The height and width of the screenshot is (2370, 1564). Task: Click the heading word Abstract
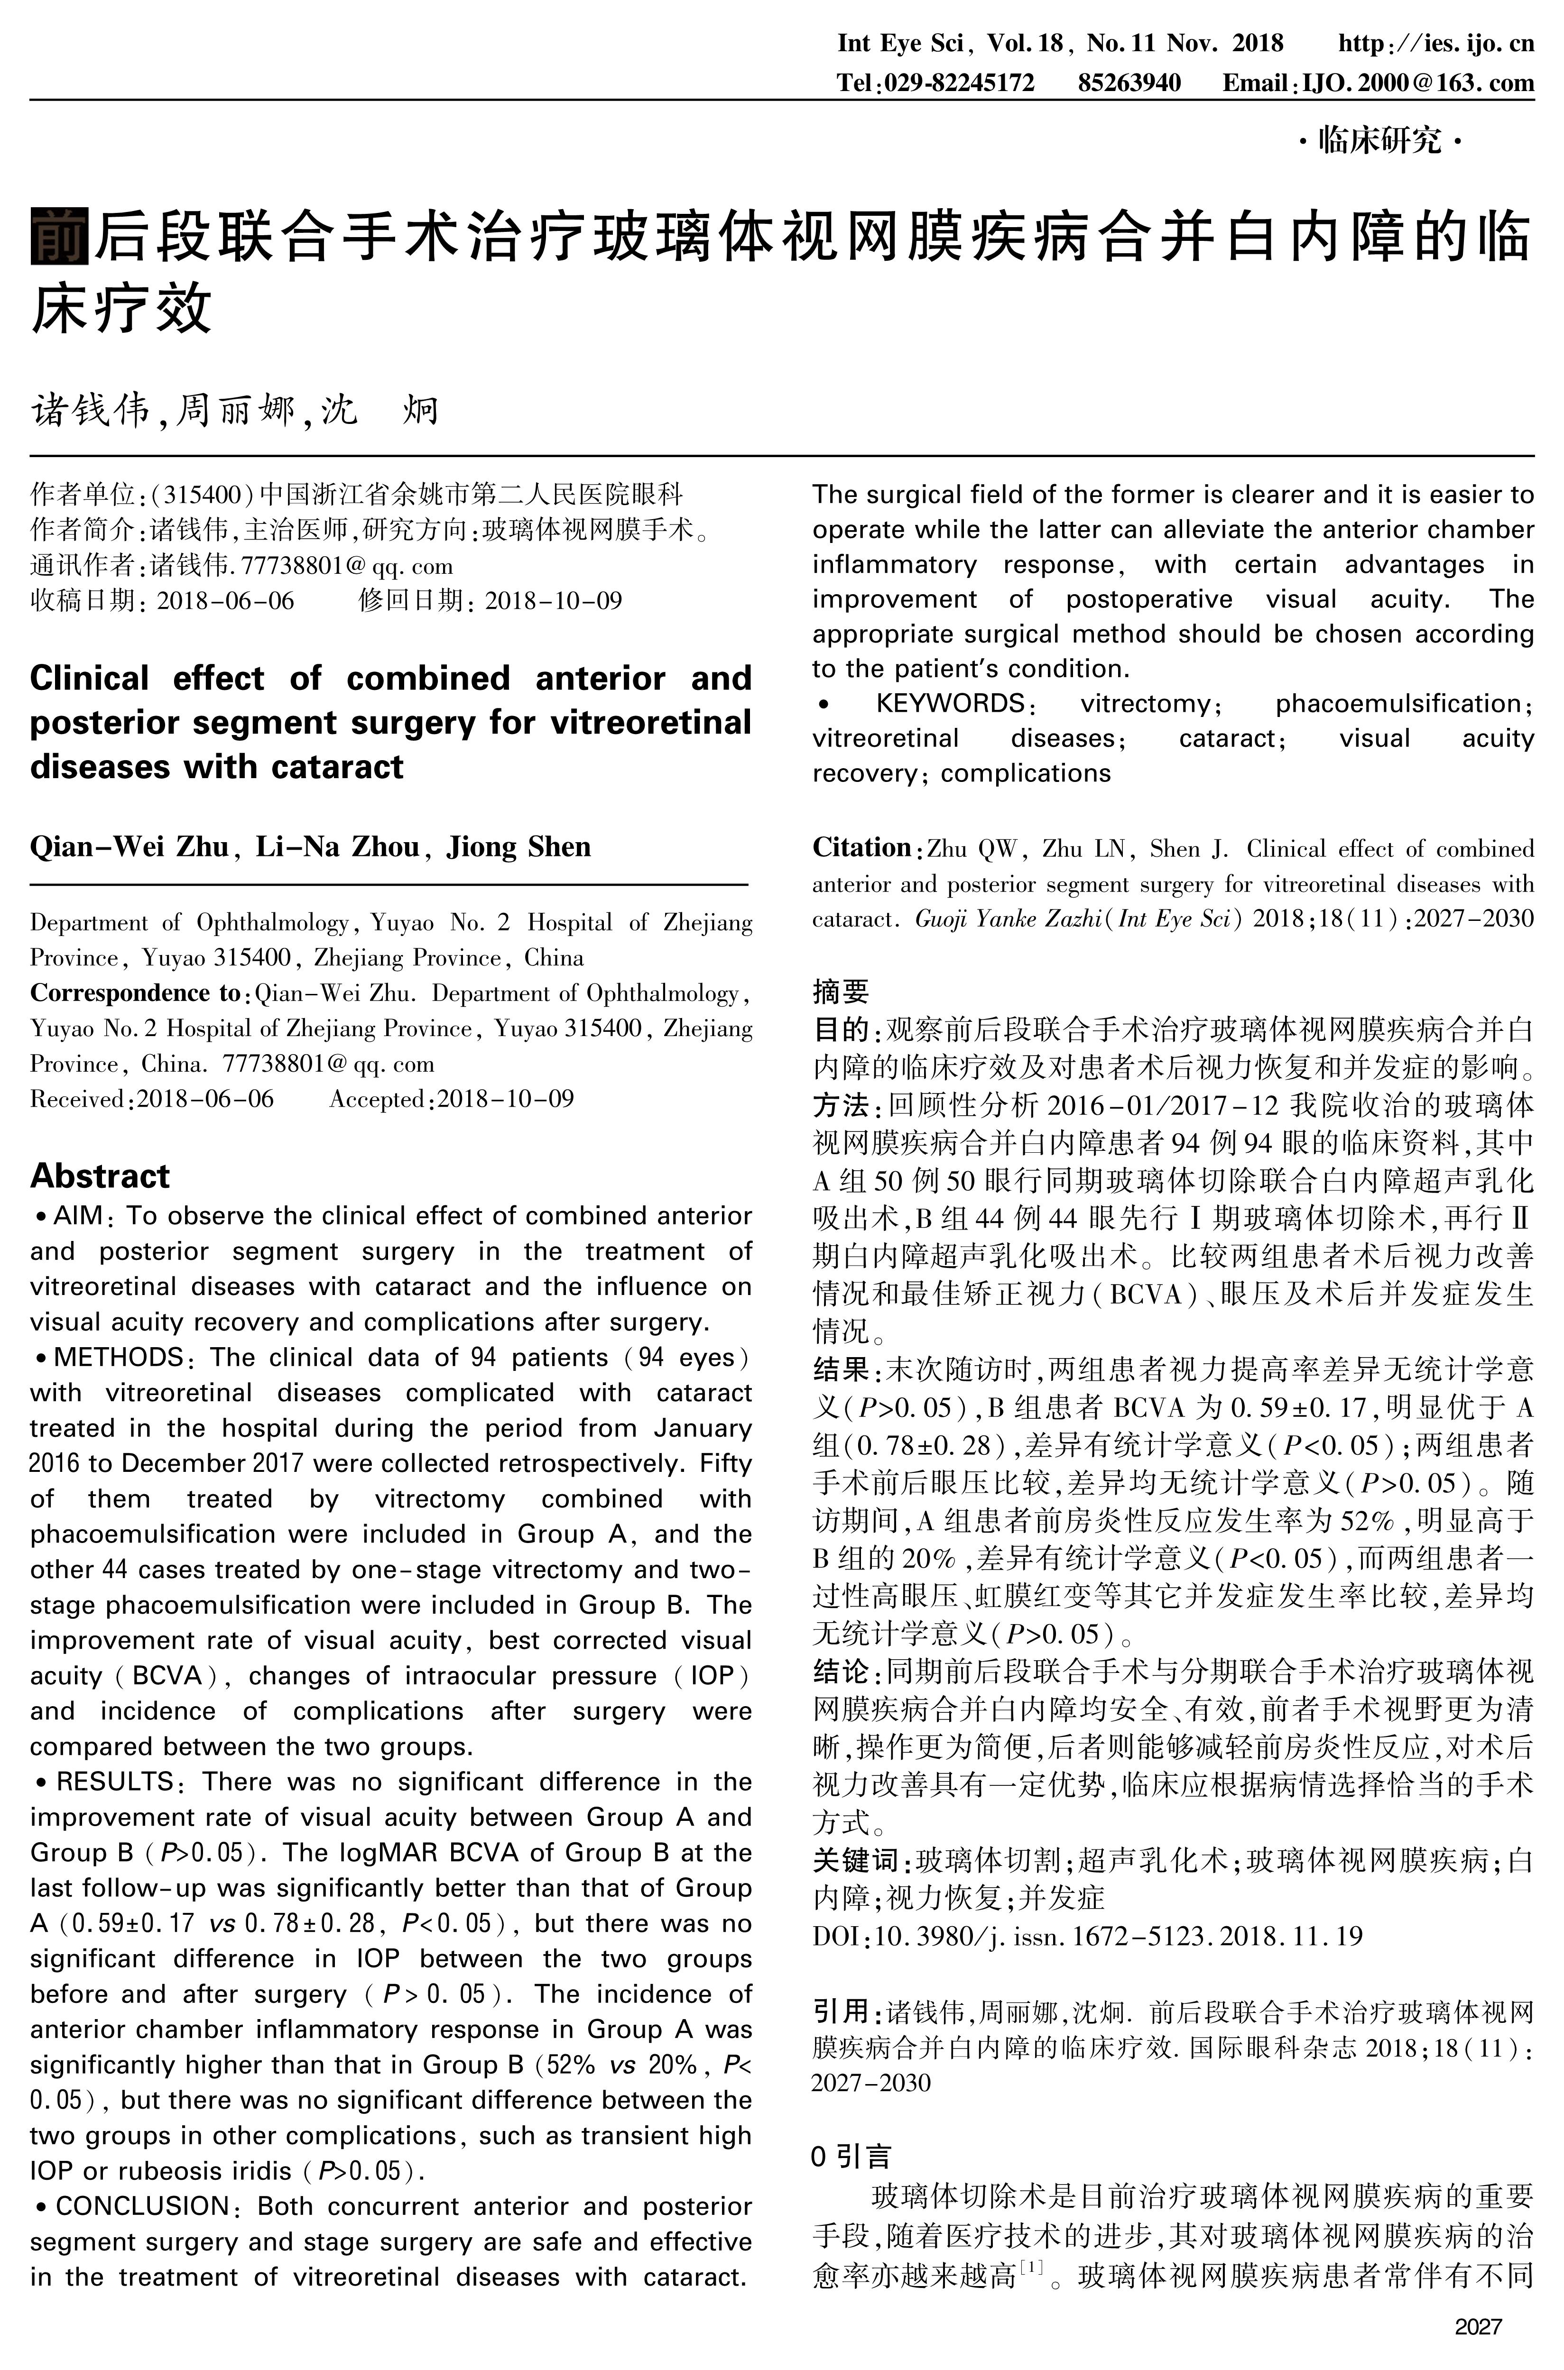pos(100,1176)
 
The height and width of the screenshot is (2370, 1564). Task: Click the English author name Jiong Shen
pos(518,847)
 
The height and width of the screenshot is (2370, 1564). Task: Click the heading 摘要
pos(841,991)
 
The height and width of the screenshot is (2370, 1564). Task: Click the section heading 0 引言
pos(851,2157)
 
